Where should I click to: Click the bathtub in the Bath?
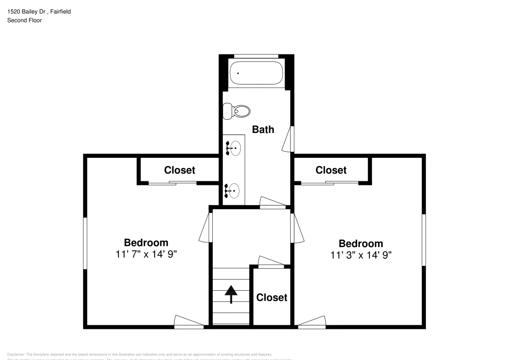click(256, 73)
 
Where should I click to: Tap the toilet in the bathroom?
click(237, 110)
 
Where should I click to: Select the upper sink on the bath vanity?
click(234, 149)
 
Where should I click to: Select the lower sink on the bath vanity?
click(234, 190)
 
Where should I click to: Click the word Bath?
click(263, 129)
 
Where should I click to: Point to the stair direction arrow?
click(232, 294)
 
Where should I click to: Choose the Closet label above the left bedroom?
click(179, 170)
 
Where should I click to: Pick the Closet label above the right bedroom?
click(331, 170)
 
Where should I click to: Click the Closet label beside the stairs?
click(271, 297)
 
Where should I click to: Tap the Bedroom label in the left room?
click(146, 242)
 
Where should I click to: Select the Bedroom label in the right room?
click(361, 243)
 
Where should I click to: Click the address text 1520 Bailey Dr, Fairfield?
click(39, 11)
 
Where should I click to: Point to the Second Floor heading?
click(24, 20)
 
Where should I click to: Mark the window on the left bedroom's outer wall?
click(86, 243)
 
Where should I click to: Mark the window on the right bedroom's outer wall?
click(423, 239)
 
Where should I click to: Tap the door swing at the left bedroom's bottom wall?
click(188, 321)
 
